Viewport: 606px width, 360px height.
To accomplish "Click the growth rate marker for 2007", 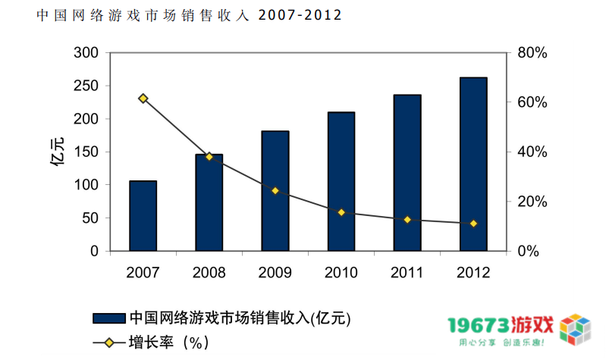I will coord(143,99).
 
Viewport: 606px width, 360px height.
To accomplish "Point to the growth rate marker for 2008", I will coord(209,157).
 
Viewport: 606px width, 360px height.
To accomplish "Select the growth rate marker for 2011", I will coord(407,220).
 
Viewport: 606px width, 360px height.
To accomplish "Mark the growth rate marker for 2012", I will coord(473,224).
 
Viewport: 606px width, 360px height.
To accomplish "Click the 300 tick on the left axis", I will coord(86,52).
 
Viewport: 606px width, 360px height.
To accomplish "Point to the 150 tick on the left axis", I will coord(86,152).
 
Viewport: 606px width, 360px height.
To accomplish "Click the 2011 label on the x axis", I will coord(407,271).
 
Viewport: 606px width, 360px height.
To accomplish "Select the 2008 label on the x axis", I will coord(209,271).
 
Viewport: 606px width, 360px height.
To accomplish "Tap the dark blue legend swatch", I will coord(108,318).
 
